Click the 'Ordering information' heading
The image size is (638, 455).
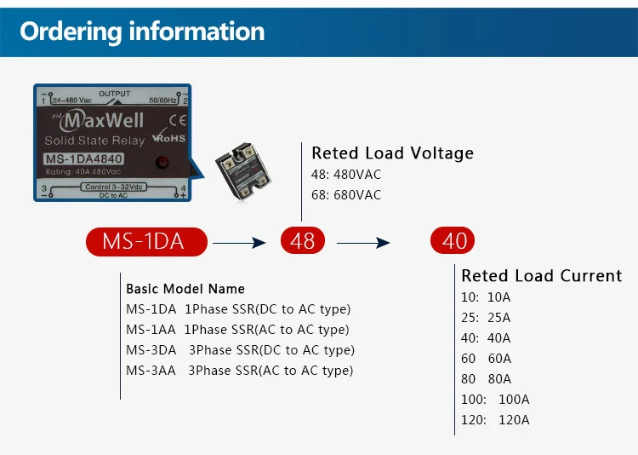click(142, 32)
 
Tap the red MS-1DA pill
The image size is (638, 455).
click(146, 242)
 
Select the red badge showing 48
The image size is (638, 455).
click(303, 240)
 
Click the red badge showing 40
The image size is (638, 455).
click(453, 240)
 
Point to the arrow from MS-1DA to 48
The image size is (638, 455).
click(239, 243)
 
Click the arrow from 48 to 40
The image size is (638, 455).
click(363, 243)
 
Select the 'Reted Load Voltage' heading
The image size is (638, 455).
click(393, 153)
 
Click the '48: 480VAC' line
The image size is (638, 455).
click(346, 175)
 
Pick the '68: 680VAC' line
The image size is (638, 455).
click(346, 195)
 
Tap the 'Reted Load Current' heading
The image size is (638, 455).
click(542, 275)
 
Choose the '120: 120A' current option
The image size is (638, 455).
click(495, 420)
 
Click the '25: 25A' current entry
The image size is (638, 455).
click(486, 318)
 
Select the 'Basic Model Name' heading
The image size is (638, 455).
click(185, 289)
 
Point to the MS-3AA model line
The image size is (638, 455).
click(240, 371)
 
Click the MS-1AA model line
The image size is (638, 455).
click(237, 330)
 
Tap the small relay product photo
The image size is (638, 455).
click(243, 171)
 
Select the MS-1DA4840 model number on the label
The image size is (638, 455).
click(83, 159)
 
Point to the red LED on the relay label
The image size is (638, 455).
click(162, 162)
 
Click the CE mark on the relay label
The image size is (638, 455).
click(178, 120)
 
